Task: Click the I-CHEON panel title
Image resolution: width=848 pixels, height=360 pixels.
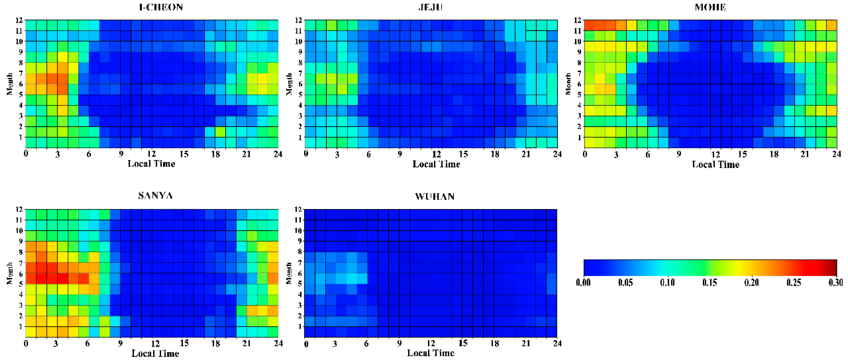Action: tap(161, 7)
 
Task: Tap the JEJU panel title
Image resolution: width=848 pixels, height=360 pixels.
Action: tap(430, 7)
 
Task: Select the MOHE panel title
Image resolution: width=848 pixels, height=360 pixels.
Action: tap(710, 7)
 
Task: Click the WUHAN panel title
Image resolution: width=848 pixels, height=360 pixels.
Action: tap(435, 197)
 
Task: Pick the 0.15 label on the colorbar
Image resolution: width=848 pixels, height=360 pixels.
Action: tap(709, 282)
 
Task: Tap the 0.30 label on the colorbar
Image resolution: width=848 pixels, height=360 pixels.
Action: tap(836, 282)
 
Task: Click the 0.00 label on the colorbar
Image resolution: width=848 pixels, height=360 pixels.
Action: tap(583, 282)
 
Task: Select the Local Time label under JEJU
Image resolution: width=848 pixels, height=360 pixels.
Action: tap(436, 164)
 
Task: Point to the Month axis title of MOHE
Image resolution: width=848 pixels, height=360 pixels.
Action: tap(568, 84)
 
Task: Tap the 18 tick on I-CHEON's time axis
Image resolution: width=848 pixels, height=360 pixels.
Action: tap(215, 154)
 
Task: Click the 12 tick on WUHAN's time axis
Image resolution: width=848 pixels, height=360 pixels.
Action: tap(431, 343)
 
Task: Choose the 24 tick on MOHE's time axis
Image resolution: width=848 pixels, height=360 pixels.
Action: tap(836, 154)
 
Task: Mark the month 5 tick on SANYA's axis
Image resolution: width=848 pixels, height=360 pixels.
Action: tap(20, 284)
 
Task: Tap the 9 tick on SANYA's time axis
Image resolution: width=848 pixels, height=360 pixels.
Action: tap(121, 343)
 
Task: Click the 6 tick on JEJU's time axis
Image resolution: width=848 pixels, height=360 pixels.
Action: tap(368, 154)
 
